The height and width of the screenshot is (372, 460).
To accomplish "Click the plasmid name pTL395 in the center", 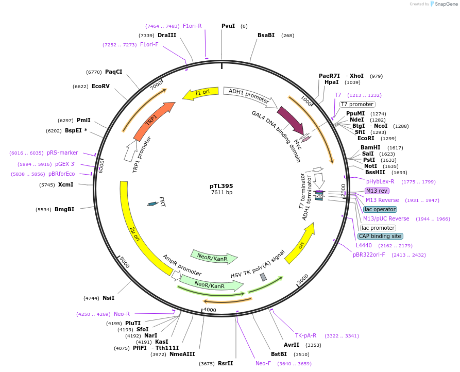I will point(222,185).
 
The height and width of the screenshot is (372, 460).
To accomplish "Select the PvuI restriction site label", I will point(228,26).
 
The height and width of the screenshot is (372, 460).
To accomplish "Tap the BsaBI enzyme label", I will point(266,35).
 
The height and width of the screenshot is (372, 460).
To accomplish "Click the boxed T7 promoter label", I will point(357,104).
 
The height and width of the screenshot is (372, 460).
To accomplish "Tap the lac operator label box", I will point(380,209).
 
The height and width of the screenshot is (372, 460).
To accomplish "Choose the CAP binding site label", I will point(380,236).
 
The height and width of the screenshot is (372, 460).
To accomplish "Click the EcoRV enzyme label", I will point(100,87).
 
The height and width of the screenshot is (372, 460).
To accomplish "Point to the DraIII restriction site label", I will point(167,35).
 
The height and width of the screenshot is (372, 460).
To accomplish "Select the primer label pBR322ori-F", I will point(369,255).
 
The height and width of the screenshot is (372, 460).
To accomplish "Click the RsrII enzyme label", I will point(225,363).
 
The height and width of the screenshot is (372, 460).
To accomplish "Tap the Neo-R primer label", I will point(122,314).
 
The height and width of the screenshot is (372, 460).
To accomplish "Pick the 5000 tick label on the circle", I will point(125,262).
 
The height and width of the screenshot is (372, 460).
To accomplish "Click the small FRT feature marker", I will point(152,204).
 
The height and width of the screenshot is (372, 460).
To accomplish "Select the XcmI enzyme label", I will point(65,184).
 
